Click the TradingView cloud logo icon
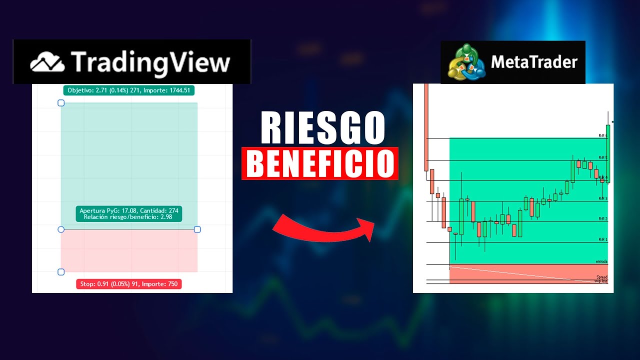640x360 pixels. pos(47,62)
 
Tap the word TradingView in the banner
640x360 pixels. pos(150,62)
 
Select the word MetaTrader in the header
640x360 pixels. pos(534,62)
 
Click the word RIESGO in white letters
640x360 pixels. pos(322,128)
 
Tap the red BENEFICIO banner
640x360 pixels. pos(320,163)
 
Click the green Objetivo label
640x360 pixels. pos(128,90)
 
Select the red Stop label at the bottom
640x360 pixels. pos(129,284)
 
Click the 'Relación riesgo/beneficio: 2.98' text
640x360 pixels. pos(129,217)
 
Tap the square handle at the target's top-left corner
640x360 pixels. pos(61,103)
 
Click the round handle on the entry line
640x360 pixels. pos(61,229)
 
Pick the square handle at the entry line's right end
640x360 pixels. pos(197,229)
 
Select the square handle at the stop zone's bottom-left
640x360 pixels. pos(61,272)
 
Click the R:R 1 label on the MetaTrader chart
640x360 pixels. pos(602,239)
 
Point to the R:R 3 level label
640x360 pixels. pos(602,198)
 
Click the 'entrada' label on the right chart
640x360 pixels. pos(601,261)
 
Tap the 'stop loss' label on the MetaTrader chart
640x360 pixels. pos(600,281)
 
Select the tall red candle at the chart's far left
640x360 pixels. pos(426,127)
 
